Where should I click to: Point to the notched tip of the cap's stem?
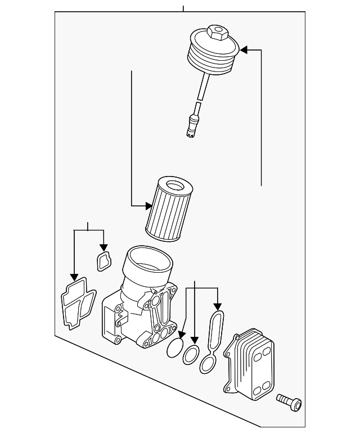coord(190,132)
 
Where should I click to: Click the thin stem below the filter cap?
coord(201,90)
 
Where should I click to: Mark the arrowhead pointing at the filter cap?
coord(244,50)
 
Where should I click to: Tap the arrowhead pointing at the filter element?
coord(148,206)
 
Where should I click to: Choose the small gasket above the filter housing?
coord(103,261)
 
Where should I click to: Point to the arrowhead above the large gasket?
coord(74,277)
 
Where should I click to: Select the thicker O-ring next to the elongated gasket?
coord(191,355)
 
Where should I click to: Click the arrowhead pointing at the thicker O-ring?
coord(194,340)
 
